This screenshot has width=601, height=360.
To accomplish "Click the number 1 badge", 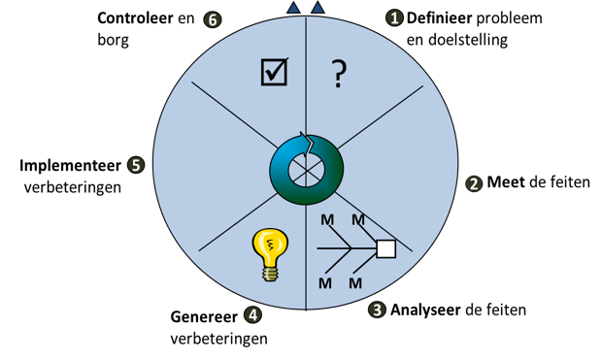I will click(x=394, y=18).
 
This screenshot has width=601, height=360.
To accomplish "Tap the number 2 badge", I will click(x=474, y=184).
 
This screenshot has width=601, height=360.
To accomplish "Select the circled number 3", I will click(x=378, y=311).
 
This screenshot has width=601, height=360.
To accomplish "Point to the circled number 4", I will click(x=253, y=315).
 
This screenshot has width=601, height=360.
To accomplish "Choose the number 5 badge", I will click(x=136, y=166).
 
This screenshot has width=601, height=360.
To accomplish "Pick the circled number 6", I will click(x=214, y=20).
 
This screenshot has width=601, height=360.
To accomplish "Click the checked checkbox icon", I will click(x=274, y=72).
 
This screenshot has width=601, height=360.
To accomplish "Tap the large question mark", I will click(x=339, y=75).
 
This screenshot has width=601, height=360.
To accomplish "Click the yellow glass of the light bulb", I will click(x=270, y=244).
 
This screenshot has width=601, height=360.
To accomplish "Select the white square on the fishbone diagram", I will click(x=385, y=248).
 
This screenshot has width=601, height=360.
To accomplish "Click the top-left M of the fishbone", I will click(x=327, y=220).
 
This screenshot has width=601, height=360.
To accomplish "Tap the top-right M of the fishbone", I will click(x=358, y=220).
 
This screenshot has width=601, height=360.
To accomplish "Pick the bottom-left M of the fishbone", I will click(x=325, y=283).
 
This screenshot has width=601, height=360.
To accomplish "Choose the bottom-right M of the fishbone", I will click(x=355, y=283).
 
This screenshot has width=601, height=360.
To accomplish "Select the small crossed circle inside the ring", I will click(x=307, y=171).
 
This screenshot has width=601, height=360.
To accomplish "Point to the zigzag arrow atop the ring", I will click(x=307, y=144).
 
